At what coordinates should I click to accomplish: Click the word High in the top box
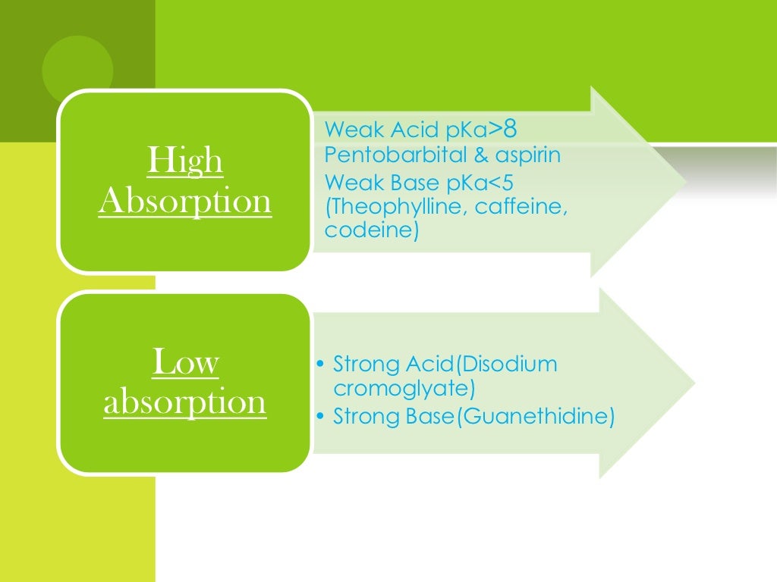pos(185,161)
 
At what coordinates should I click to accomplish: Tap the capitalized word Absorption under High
pos(185,202)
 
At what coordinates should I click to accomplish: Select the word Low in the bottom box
pos(185,362)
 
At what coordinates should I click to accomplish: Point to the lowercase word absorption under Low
pos(185,402)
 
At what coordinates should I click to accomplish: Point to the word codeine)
pos(372,230)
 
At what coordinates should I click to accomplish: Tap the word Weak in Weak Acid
pos(349,130)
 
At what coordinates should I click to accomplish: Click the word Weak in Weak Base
pos(349,182)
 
